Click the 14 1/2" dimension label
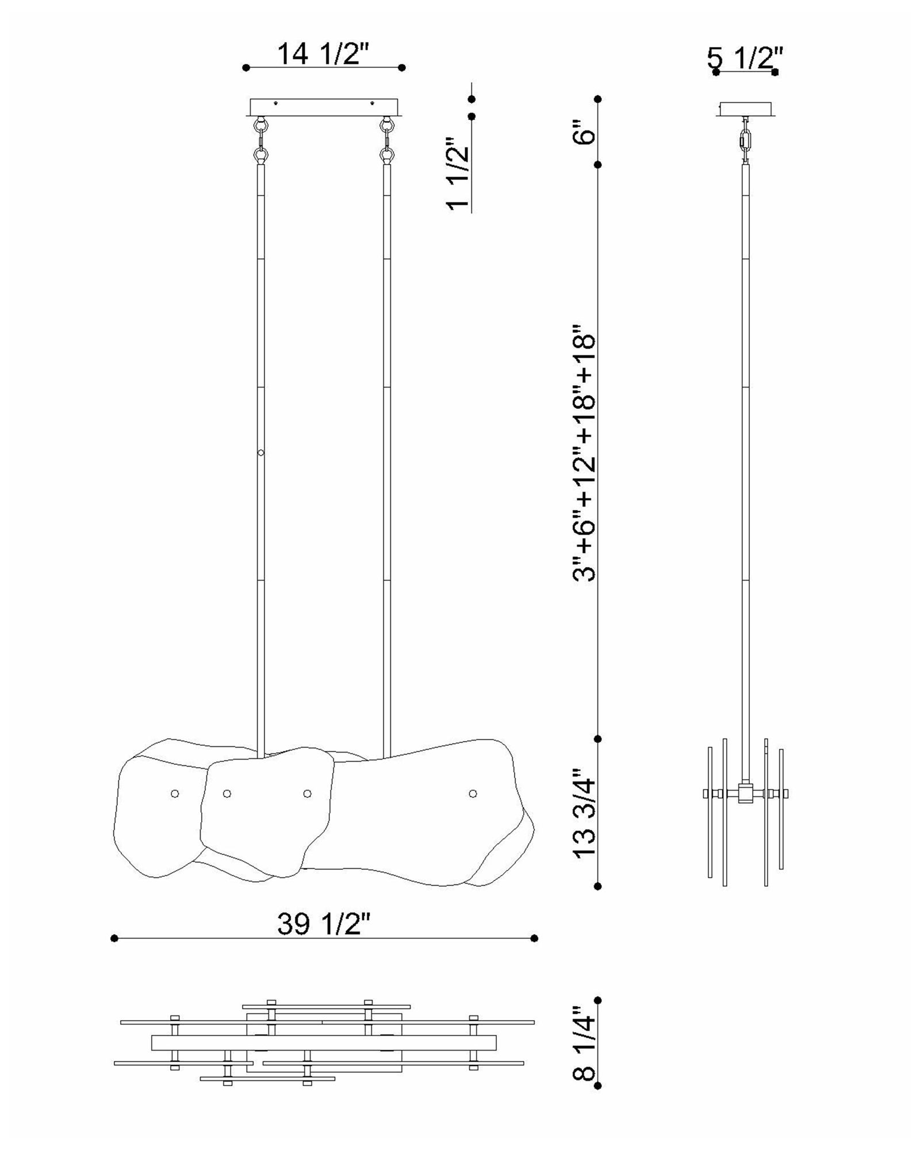(322, 54)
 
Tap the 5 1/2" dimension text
(745, 58)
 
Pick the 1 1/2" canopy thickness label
(458, 174)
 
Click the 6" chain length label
(585, 132)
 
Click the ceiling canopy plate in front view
(324, 107)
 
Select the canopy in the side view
(746, 109)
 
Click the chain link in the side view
(746, 140)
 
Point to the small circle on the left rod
(261, 453)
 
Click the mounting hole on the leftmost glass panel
(175, 793)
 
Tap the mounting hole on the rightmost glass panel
(473, 793)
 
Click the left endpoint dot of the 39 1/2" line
(114, 938)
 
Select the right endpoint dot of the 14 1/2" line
(402, 68)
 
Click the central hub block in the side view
(746, 793)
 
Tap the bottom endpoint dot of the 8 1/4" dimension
(598, 1086)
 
